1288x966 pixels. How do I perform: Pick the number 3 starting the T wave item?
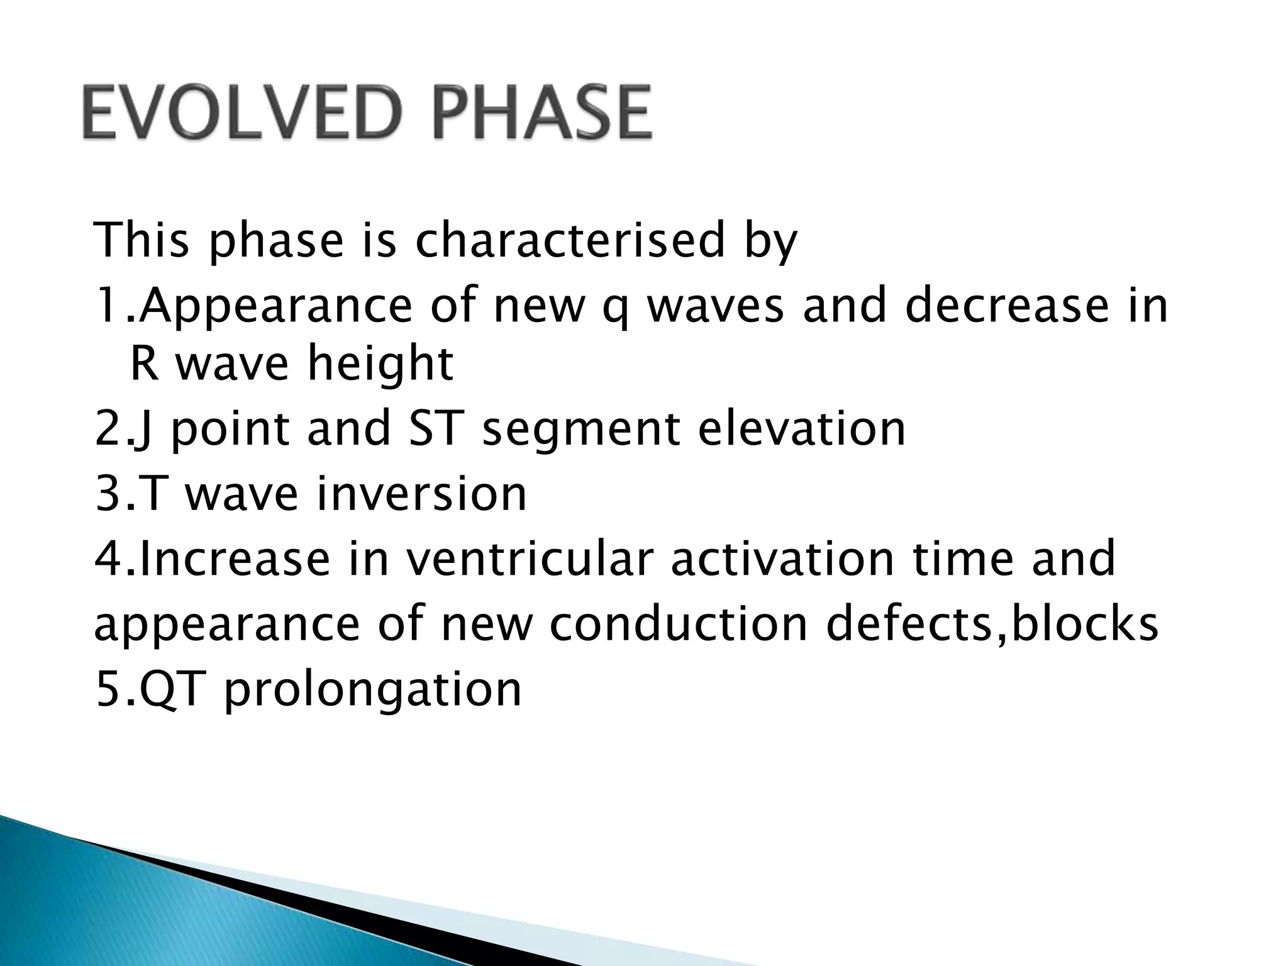[x=105, y=493]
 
